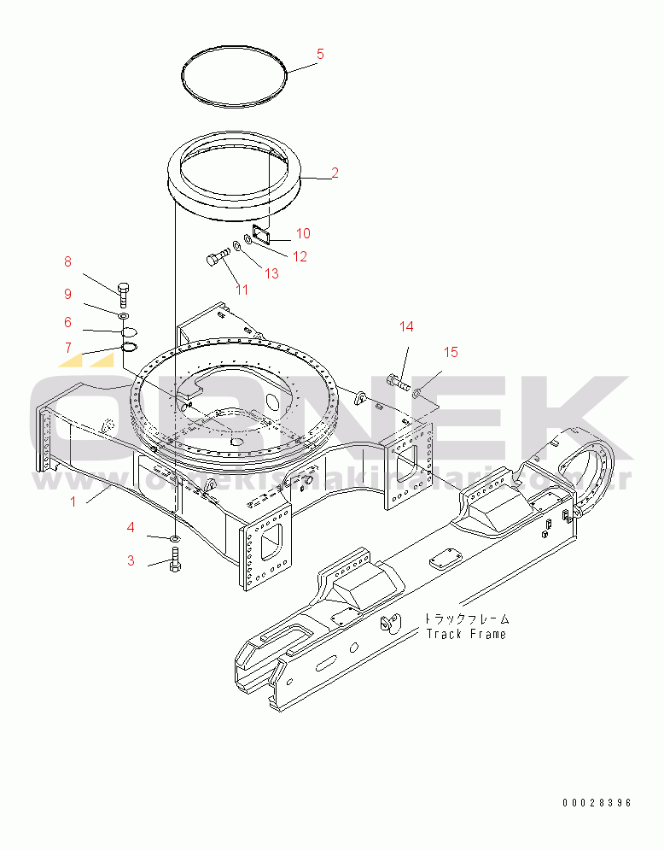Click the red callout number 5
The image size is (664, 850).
tap(320, 54)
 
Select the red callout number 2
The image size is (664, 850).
tap(335, 173)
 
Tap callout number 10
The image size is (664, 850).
tap(303, 233)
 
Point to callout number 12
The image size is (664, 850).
tap(300, 256)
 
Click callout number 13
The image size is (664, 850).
tap(271, 273)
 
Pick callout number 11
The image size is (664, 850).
tap(242, 290)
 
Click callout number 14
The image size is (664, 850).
tap(406, 326)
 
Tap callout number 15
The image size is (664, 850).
tap(450, 352)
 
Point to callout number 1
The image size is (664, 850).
tap(73, 501)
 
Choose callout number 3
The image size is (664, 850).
tap(131, 560)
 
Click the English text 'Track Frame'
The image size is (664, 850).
tap(466, 634)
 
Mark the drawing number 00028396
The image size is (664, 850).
tap(597, 803)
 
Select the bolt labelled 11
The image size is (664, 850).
tap(218, 256)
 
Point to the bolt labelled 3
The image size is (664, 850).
tap(175, 562)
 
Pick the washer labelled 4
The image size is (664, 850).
tap(174, 538)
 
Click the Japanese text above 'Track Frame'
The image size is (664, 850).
tap(467, 618)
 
